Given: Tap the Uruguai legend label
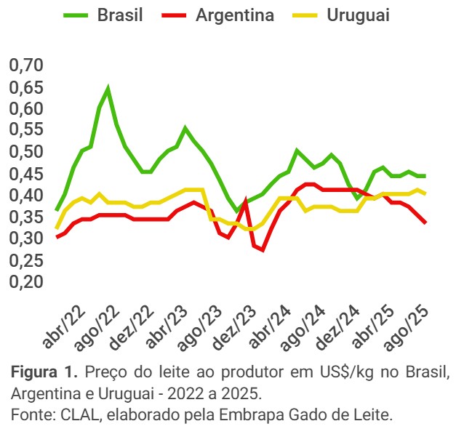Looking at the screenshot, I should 348,15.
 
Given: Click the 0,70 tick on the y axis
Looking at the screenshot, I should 27,66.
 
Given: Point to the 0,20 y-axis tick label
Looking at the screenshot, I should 27,282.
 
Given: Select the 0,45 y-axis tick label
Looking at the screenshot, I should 27,175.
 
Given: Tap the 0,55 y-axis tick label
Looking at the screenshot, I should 27,131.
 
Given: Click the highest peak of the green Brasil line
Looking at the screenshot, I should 108,89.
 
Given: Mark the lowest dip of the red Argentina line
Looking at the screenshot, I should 263,250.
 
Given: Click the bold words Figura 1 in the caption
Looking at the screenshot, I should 43,373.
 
